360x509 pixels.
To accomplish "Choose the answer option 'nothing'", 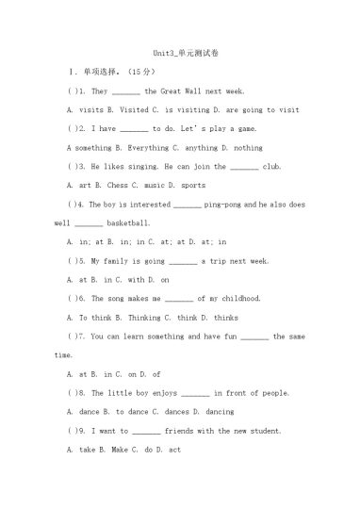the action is [x=248, y=148].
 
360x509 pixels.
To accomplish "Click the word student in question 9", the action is [x=261, y=431].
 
